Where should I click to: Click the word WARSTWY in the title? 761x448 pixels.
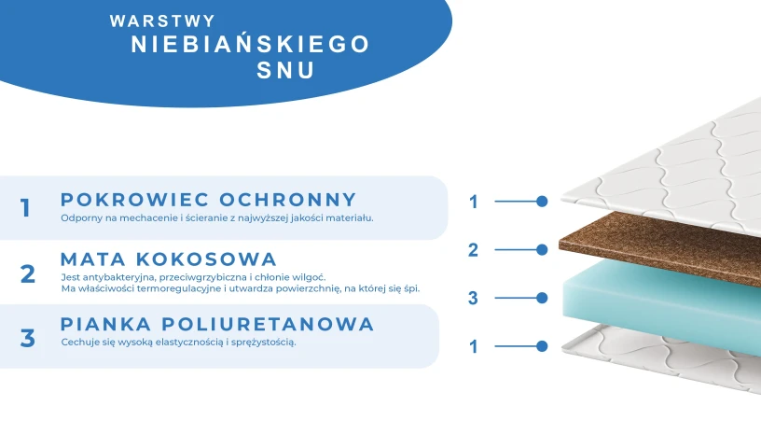point(162,20)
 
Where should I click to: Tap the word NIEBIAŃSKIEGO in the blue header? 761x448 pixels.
point(250,44)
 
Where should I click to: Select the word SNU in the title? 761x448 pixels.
point(286,71)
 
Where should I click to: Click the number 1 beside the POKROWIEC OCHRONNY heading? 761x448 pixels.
point(26,208)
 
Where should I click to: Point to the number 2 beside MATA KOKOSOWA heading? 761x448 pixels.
point(28,273)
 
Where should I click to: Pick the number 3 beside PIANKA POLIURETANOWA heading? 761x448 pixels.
point(28,337)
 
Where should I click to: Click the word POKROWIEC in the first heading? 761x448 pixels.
point(134,199)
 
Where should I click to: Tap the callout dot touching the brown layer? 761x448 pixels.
point(542,249)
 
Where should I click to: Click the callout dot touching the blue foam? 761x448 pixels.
point(542,298)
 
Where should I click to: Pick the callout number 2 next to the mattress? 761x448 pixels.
point(473,249)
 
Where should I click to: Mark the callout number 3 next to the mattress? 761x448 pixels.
point(473,298)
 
